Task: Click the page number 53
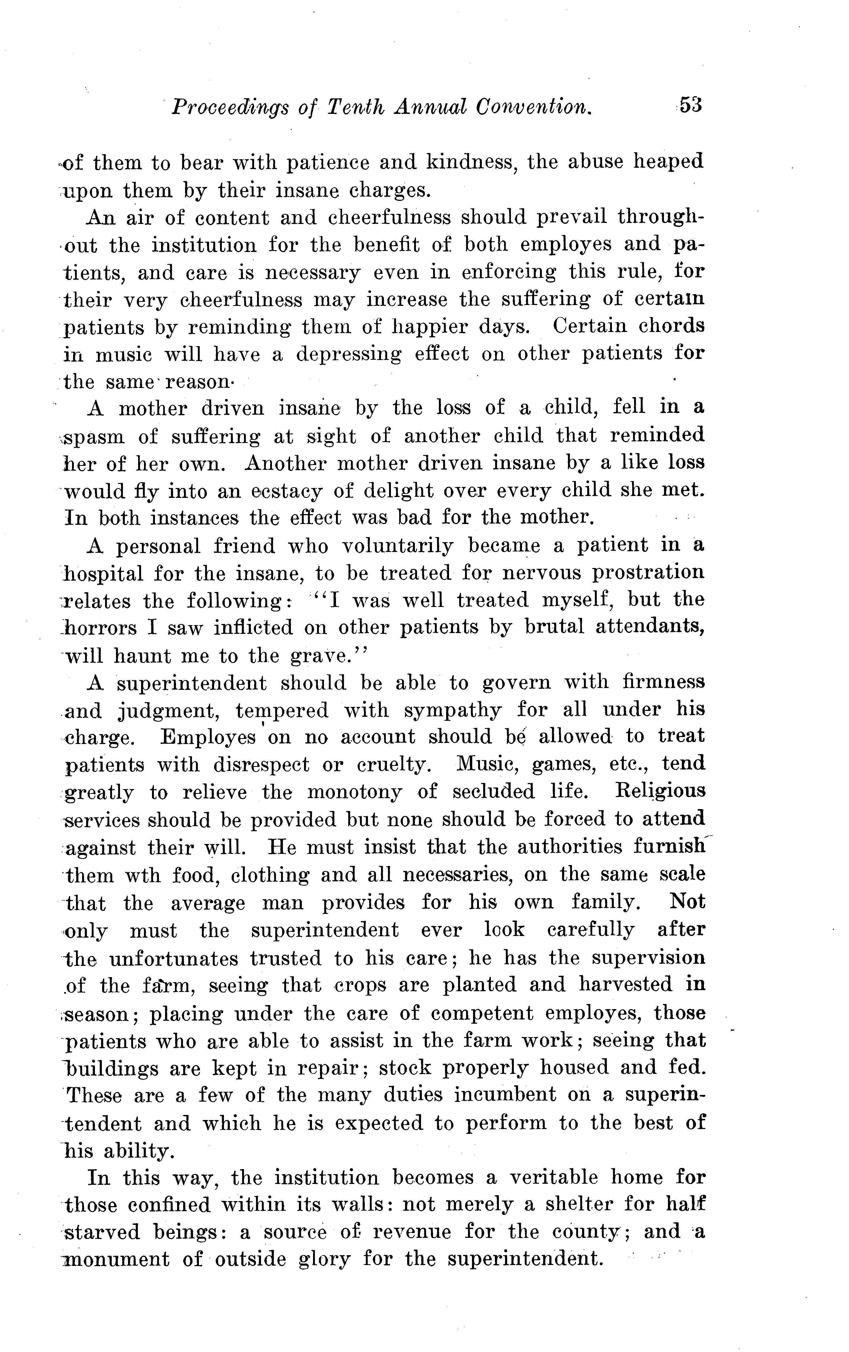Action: coord(691,105)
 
